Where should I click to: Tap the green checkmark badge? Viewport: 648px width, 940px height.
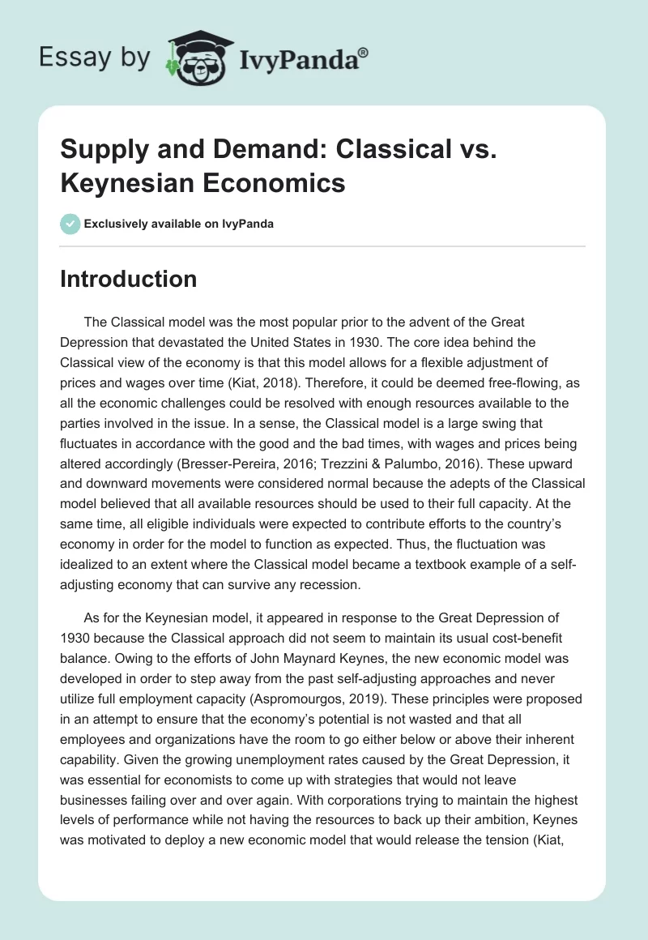tap(70, 224)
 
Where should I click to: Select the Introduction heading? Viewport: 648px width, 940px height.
tap(128, 279)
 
